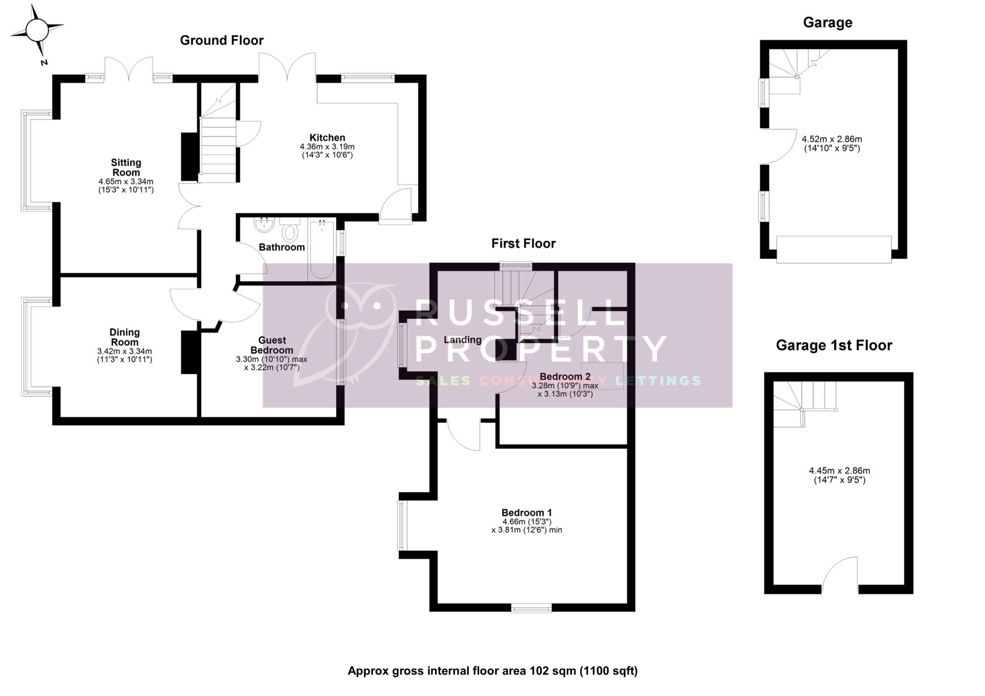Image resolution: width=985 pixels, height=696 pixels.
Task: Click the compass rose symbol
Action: tap(37, 30)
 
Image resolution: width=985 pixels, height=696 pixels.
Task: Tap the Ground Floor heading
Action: tap(221, 40)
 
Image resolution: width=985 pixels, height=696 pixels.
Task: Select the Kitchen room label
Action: tap(327, 138)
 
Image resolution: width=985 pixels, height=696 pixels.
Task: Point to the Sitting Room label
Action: tap(126, 167)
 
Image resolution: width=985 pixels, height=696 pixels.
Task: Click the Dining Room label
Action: tap(124, 337)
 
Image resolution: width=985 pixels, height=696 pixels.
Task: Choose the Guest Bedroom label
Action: tap(272, 345)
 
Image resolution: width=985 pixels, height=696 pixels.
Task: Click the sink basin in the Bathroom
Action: tap(264, 225)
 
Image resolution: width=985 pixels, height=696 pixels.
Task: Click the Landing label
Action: tap(462, 340)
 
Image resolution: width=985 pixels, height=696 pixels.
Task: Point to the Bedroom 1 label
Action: tap(526, 513)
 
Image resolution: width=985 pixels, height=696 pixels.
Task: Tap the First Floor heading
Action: tap(523, 243)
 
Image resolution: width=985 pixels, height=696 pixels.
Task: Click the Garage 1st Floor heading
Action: tap(834, 345)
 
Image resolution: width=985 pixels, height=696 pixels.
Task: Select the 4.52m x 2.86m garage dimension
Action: tap(832, 139)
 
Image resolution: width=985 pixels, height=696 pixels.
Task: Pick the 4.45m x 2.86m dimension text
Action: tap(840, 470)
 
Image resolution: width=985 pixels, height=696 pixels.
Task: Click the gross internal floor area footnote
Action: tap(492, 671)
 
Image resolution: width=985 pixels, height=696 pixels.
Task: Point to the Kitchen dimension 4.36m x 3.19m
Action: tap(327, 147)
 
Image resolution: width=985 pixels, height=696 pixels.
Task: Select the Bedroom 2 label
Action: tap(565, 376)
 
